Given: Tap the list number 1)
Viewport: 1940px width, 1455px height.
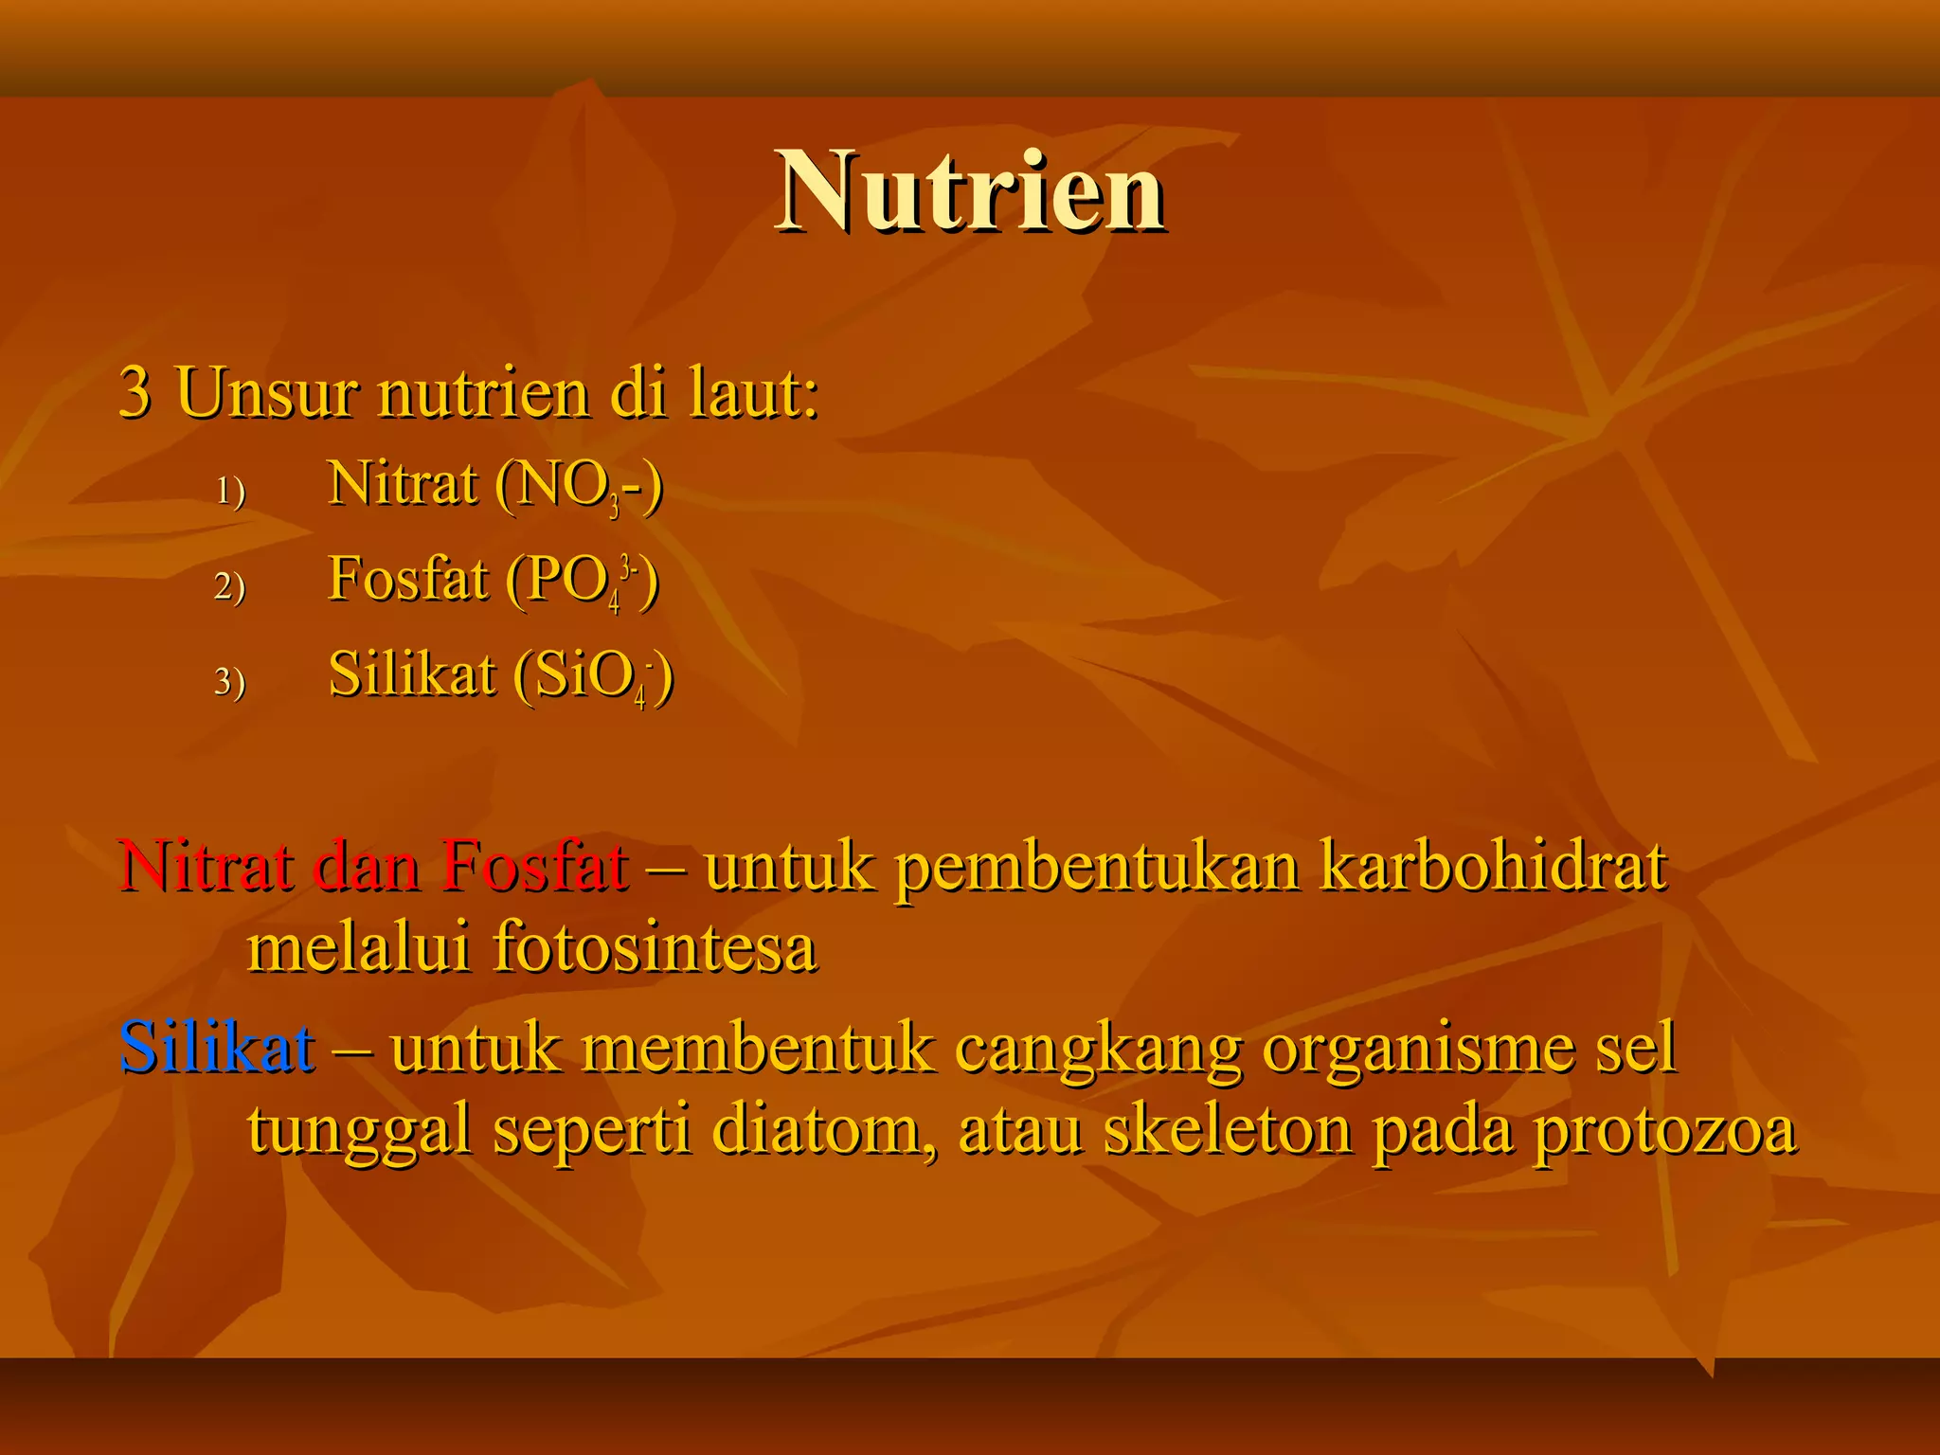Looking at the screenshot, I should click(x=230, y=491).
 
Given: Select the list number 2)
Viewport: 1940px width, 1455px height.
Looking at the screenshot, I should click(x=230, y=586).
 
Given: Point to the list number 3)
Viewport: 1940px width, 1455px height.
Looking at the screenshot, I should click(x=230, y=682).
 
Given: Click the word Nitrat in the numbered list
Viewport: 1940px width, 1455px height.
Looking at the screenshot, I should click(x=402, y=484).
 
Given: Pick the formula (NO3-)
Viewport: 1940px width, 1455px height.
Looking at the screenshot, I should click(x=579, y=487).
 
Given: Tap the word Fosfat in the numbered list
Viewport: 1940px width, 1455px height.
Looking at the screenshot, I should click(x=407, y=579).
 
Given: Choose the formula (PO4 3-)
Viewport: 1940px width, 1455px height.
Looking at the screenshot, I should click(x=582, y=582).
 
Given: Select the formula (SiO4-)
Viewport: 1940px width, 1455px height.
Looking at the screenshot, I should click(x=594, y=676).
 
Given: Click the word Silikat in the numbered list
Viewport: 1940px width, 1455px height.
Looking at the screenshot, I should click(x=412, y=674).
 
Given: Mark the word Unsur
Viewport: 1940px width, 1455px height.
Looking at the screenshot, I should click(x=267, y=392).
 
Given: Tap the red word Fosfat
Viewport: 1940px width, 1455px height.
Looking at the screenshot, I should click(x=534, y=866).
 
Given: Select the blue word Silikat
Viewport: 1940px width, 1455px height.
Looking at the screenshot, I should click(x=217, y=1048).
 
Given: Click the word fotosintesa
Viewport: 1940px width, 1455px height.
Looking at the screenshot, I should click(x=655, y=947).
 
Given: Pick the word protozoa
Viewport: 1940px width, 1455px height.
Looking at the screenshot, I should click(x=1664, y=1131).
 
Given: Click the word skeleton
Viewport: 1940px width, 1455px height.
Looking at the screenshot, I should click(x=1227, y=1129).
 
